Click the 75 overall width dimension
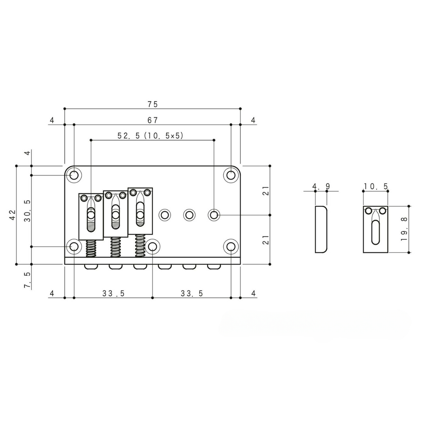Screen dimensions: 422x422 coord(153,104)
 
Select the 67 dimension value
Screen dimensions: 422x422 coord(153,120)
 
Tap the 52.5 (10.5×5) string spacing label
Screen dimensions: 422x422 coord(150,136)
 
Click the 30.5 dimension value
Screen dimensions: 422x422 coord(27,211)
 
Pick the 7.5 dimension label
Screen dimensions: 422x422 coord(27,281)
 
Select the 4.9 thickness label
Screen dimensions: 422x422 coord(321,186)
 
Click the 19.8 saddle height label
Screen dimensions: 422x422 coord(404,229)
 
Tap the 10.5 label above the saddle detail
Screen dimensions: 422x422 coord(376,186)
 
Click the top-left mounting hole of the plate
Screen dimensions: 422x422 coord(74,175)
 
